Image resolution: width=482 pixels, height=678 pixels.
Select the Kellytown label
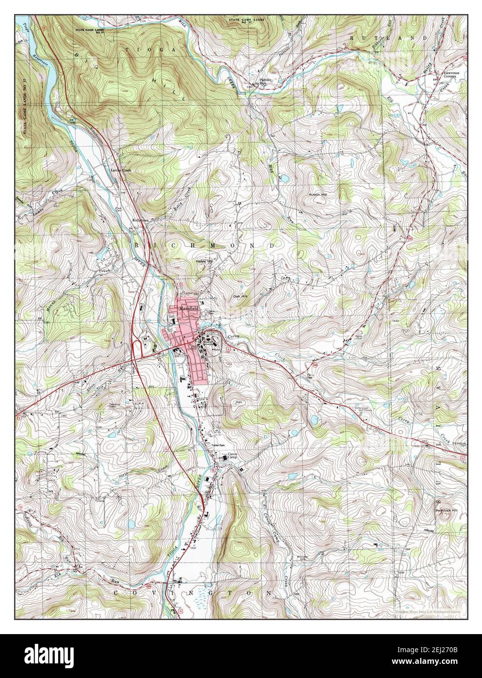[x=141, y=220]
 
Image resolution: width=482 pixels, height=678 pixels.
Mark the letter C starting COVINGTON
[x=117, y=593]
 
